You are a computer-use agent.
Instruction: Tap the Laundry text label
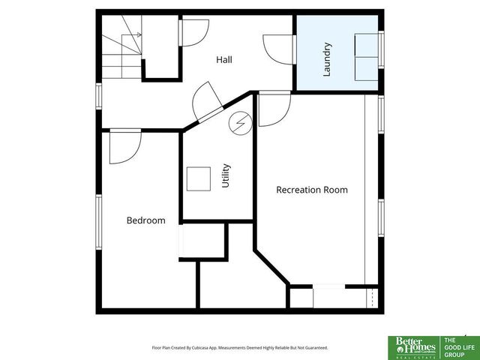coord(327,58)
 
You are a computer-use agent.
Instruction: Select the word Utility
coord(226,175)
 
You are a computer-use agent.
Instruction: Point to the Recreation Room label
coord(312,190)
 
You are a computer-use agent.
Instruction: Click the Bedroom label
coord(145,220)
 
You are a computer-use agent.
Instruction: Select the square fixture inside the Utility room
coord(199,179)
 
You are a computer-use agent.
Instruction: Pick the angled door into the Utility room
coord(206,104)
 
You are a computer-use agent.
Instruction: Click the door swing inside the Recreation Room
coord(274,110)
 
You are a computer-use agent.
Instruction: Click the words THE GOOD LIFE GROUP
coord(459,346)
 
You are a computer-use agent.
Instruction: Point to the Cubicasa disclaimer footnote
coord(240,348)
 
